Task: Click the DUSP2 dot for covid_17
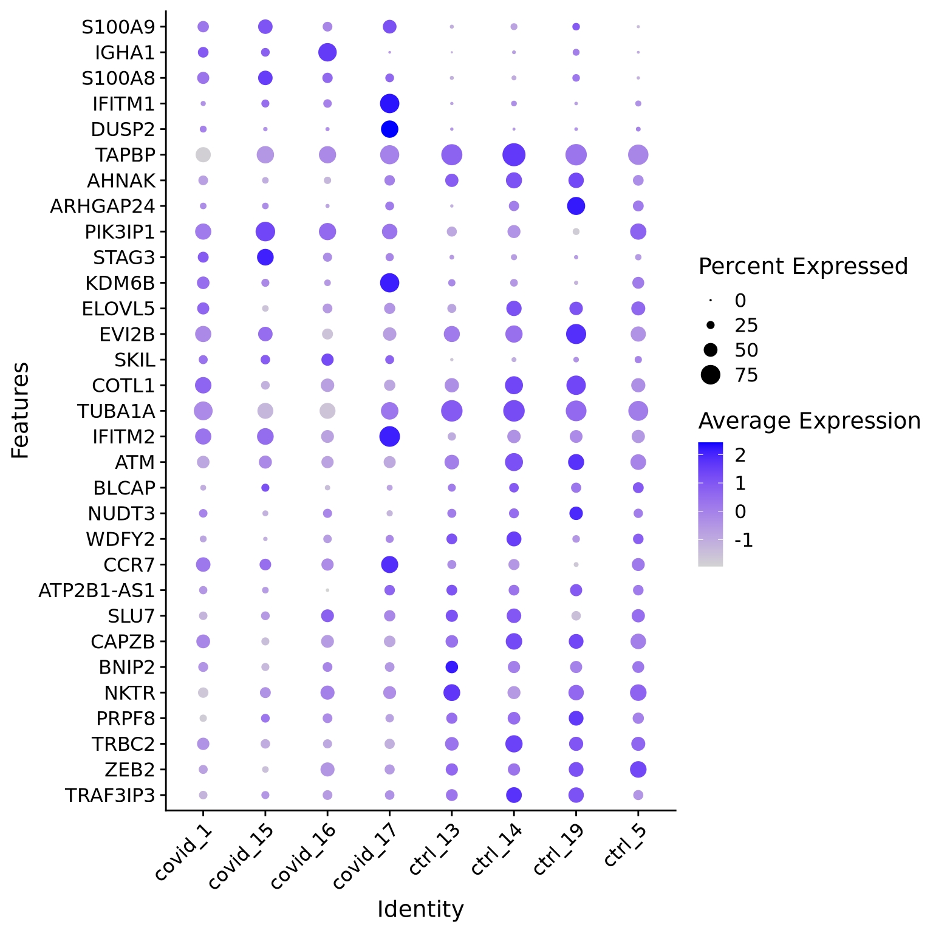click(x=389, y=129)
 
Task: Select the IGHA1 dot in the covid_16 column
click(x=327, y=52)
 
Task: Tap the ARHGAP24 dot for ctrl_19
click(x=576, y=206)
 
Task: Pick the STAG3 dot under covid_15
click(x=265, y=258)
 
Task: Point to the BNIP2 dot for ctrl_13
click(x=451, y=667)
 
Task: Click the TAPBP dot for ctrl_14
click(x=514, y=155)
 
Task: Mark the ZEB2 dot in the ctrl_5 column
click(x=638, y=770)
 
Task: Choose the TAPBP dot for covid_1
click(x=203, y=155)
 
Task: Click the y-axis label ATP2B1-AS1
click(x=97, y=590)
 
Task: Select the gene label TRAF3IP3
click(x=110, y=795)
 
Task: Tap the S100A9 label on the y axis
click(x=118, y=27)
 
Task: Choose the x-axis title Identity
click(x=420, y=909)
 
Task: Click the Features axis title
click(x=20, y=410)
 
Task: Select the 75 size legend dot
click(x=710, y=375)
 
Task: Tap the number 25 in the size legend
click(x=747, y=326)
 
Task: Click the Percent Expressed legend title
click(x=803, y=266)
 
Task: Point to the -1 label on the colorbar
click(x=744, y=540)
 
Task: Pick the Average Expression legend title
click(x=809, y=420)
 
